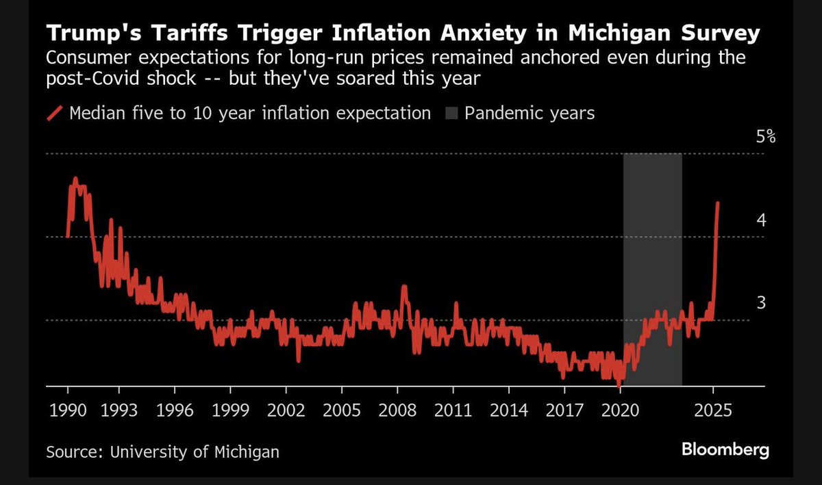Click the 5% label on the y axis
(765, 137)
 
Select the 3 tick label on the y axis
(760, 302)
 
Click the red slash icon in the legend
(55, 113)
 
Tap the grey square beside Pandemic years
(450, 113)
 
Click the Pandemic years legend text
(529, 113)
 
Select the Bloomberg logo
(725, 450)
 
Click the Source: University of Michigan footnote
(162, 451)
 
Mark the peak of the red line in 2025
(717, 202)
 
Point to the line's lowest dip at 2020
(619, 386)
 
